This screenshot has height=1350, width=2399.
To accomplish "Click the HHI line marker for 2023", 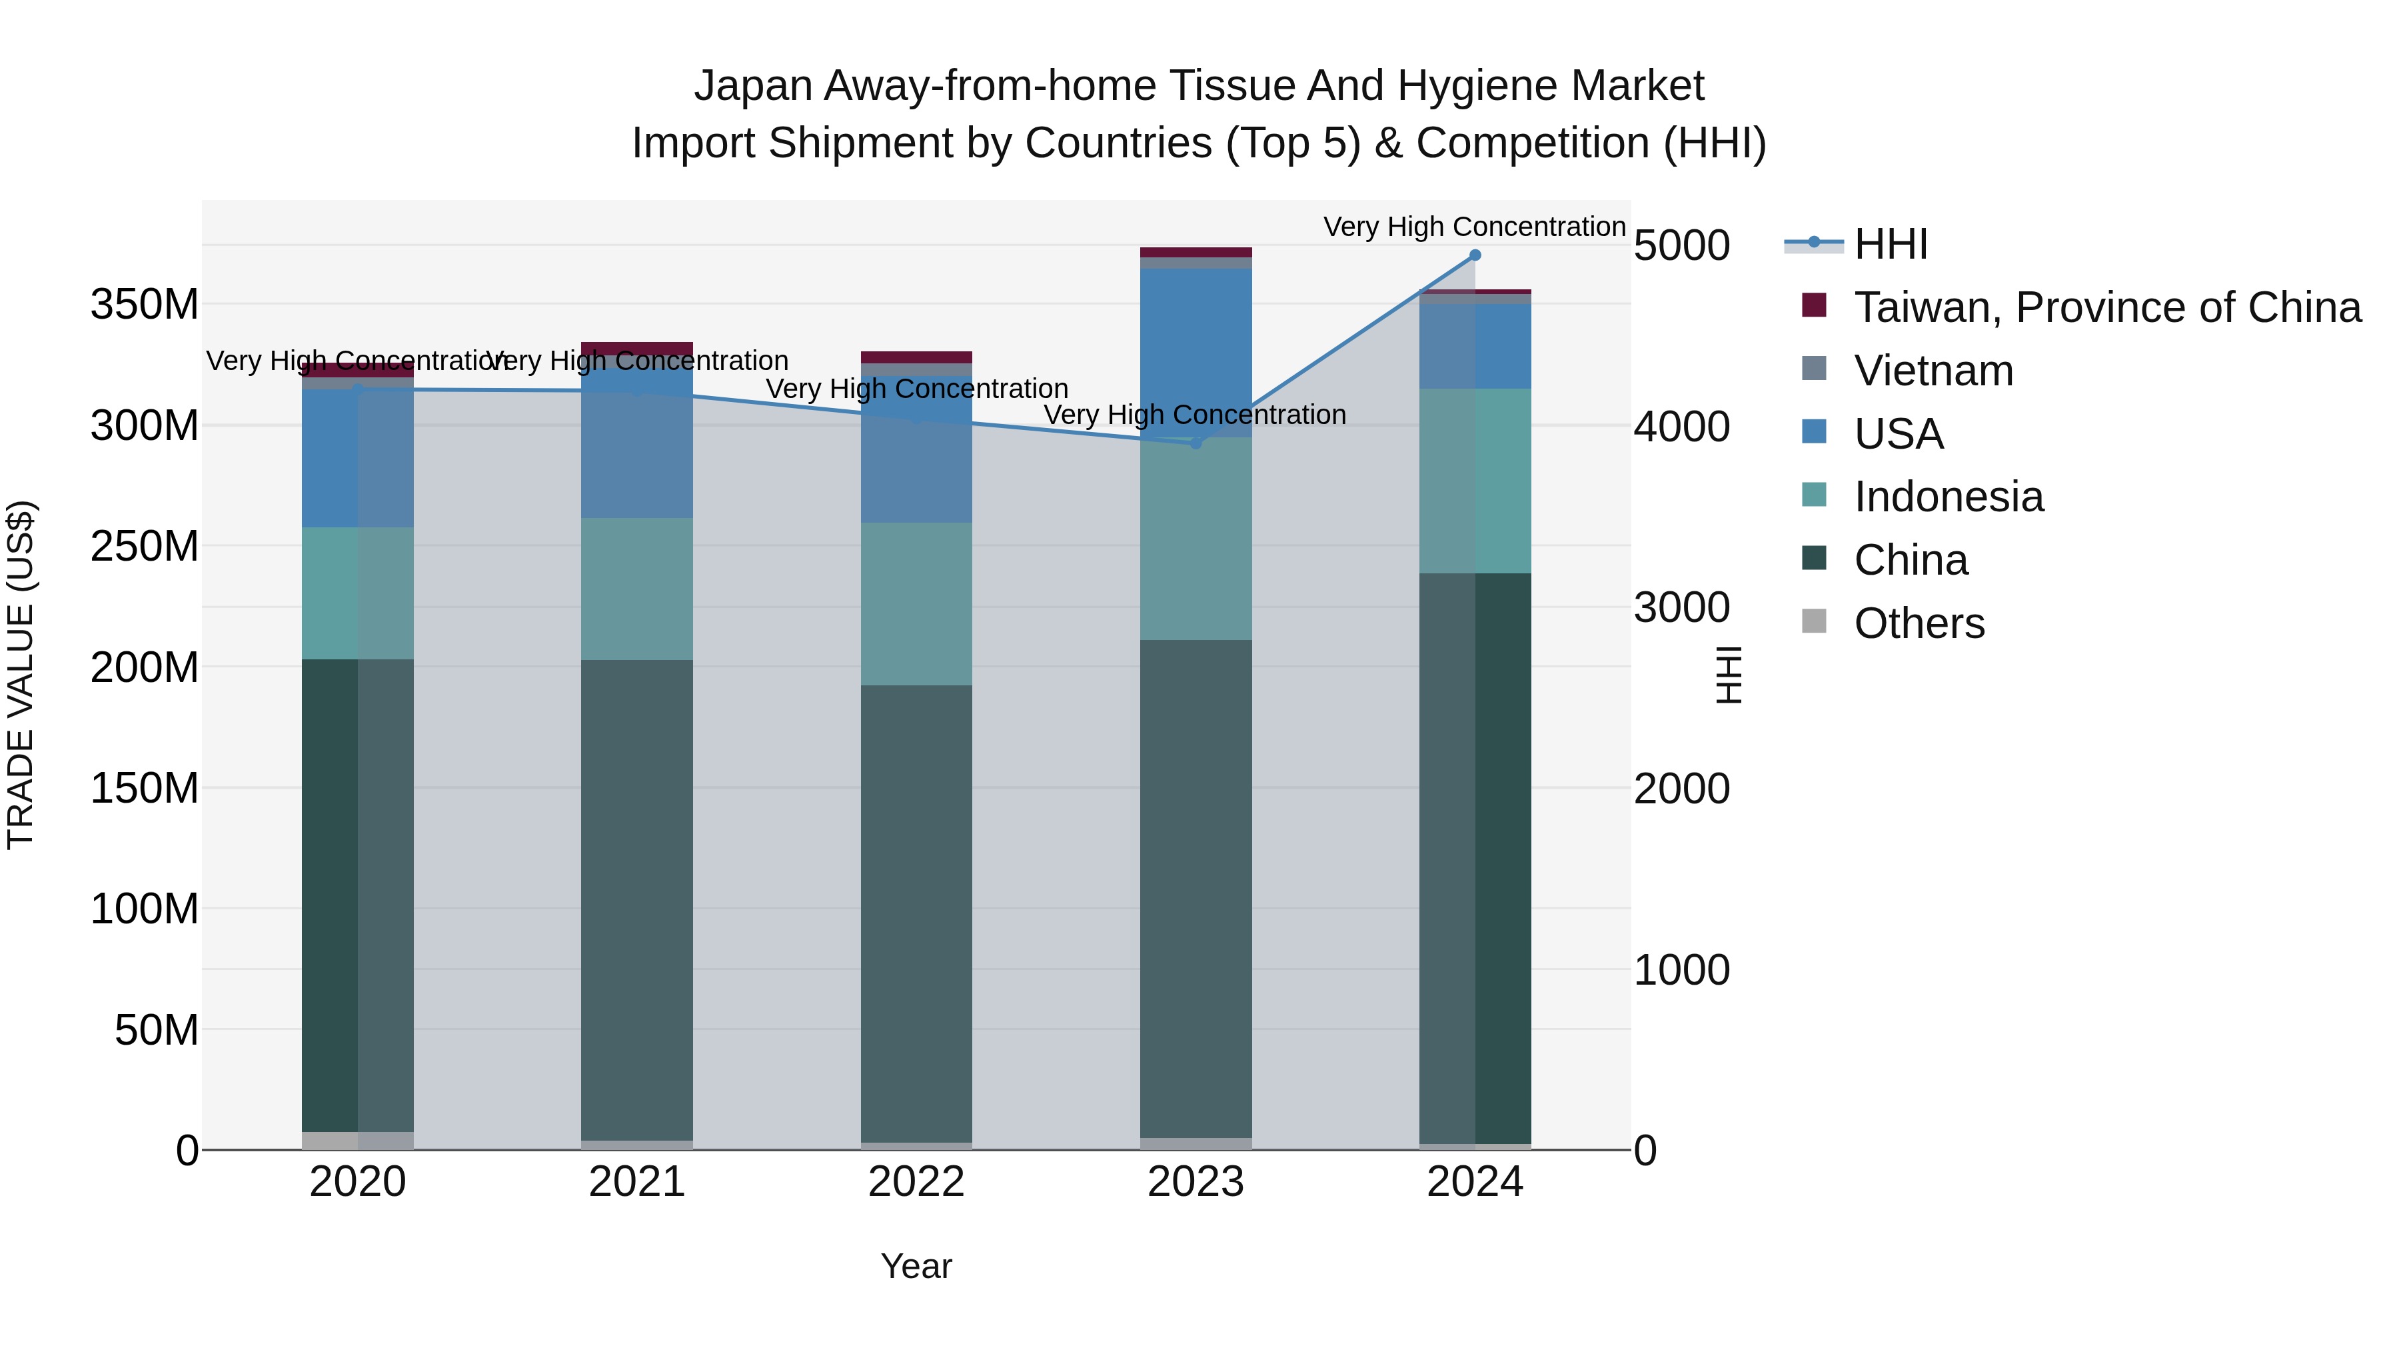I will click(1196, 443).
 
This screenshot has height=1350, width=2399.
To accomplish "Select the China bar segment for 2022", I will click(916, 913).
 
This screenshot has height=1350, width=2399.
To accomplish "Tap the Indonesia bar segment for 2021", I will click(637, 589).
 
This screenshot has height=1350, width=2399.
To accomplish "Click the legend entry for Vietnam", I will click(1933, 371).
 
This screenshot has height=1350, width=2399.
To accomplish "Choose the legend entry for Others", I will click(1919, 623).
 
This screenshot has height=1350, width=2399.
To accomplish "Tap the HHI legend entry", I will click(1891, 244).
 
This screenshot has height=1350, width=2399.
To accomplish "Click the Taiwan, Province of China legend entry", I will click(2106, 307).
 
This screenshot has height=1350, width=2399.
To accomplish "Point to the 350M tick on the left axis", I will click(145, 305).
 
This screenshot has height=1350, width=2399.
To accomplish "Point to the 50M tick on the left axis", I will click(157, 1029).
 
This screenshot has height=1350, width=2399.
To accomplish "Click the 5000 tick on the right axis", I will click(1682, 246).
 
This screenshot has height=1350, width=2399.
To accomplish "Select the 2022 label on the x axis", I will click(916, 1182).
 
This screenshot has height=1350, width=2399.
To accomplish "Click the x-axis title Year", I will click(916, 1266).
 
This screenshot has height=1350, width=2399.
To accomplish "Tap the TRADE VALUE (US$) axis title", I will click(21, 675).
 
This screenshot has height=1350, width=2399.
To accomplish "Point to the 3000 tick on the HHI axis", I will click(1682, 607).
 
